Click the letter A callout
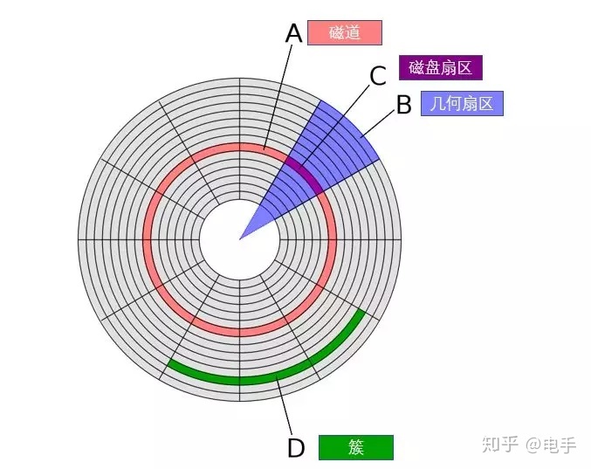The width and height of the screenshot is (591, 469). point(294,33)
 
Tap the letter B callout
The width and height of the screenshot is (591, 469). point(403,105)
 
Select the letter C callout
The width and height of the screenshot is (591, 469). point(377,76)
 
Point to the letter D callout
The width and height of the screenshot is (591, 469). point(296,449)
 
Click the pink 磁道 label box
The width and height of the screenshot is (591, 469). point(345,33)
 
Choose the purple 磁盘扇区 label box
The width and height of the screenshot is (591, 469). point(441,68)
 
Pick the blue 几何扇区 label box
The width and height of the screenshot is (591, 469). point(462,104)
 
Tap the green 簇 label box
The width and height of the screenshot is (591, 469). point(355,447)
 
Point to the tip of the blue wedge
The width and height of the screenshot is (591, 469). point(242,236)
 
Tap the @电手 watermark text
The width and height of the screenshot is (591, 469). point(550,445)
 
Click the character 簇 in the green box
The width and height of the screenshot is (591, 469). point(355,447)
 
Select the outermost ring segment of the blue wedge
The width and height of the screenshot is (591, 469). point(349,131)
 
